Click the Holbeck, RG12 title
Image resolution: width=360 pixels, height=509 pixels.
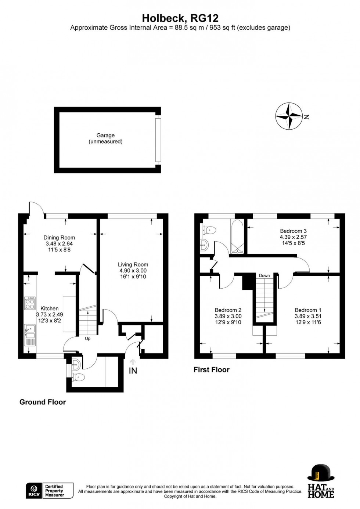coord(180,18)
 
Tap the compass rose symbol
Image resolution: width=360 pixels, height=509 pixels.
coord(289,116)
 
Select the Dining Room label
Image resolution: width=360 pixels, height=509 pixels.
coord(59,238)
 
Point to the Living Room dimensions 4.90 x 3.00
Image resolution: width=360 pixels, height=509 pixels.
coord(133,271)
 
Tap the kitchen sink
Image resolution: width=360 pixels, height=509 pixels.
coord(30,332)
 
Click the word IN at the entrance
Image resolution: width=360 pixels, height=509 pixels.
coord(133,371)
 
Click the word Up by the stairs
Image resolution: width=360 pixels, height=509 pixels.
coord(87,339)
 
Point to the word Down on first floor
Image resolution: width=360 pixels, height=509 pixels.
coord(264,275)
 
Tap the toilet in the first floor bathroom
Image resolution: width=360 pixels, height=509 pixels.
coord(210,230)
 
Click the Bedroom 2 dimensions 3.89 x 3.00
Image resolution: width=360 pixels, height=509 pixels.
coord(228,316)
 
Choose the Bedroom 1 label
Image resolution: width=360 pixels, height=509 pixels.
coord(308,310)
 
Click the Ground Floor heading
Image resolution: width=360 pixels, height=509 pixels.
coord(43,402)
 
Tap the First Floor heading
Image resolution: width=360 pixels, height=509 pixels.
coord(211,370)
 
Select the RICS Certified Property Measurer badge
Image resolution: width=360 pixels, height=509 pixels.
coord(50,491)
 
